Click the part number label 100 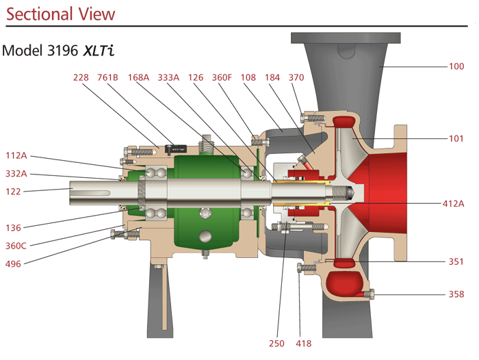click(x=456, y=66)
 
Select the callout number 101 click(x=456, y=138)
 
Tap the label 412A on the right click(x=452, y=203)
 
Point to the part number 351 click(x=456, y=261)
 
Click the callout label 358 click(x=456, y=294)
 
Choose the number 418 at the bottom click(x=303, y=343)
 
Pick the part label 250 click(x=277, y=343)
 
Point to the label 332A click(x=16, y=174)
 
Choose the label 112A click(x=16, y=155)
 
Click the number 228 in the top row click(x=81, y=77)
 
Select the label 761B click(x=108, y=77)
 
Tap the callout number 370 click(x=296, y=77)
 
